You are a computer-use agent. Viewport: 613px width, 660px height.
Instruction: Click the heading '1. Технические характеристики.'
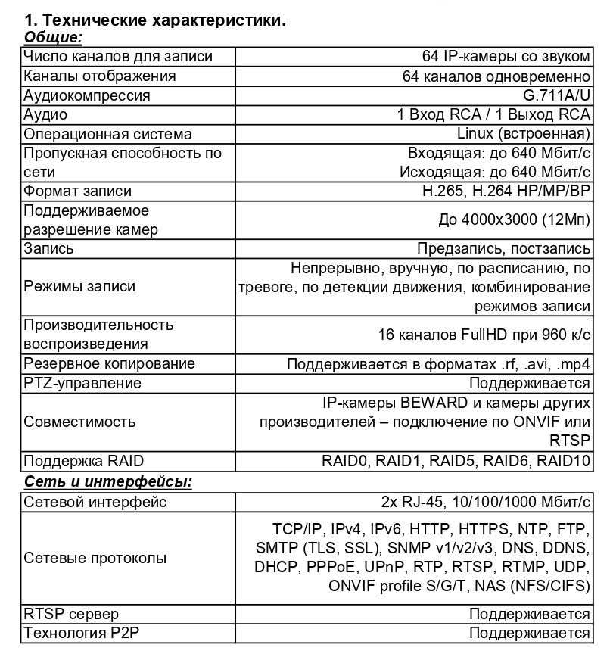(x=155, y=20)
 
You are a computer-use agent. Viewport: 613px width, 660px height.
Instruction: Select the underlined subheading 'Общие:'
(x=53, y=37)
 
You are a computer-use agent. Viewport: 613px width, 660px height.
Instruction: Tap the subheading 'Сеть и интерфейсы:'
(x=108, y=482)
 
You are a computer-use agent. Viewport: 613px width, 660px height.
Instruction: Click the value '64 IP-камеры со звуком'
(x=506, y=57)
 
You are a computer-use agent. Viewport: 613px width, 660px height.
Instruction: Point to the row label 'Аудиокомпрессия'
(x=87, y=95)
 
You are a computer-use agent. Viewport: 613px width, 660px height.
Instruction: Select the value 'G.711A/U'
(x=556, y=95)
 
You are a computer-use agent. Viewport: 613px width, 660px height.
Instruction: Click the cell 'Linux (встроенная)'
(x=524, y=134)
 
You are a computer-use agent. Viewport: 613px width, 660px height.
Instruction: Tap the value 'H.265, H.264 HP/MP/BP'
(x=506, y=191)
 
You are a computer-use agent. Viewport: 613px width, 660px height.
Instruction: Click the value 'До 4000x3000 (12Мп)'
(x=514, y=219)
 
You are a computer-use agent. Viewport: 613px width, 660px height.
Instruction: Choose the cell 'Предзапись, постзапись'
(x=503, y=248)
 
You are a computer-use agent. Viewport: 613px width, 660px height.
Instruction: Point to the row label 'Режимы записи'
(x=80, y=286)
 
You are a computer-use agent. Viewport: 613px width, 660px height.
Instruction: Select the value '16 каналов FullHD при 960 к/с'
(x=484, y=334)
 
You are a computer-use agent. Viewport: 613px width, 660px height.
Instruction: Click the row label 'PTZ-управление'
(x=82, y=383)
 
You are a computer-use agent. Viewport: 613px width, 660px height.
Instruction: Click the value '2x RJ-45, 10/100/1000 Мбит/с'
(x=486, y=502)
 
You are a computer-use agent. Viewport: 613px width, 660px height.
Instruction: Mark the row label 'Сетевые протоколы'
(x=95, y=558)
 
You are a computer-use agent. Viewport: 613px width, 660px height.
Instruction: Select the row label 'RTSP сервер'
(x=71, y=614)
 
